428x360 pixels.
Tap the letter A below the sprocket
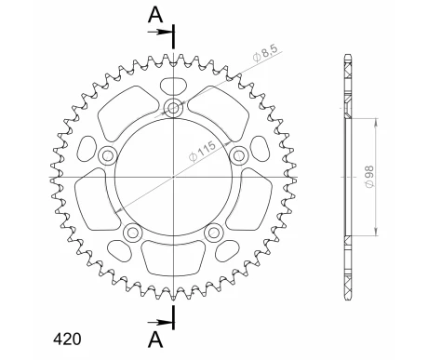pyautogui.click(x=155, y=336)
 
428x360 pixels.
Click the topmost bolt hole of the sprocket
pyautogui.click(x=174, y=109)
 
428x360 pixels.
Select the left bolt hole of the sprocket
pyautogui.click(x=108, y=154)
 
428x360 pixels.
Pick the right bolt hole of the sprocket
pyautogui.click(x=238, y=154)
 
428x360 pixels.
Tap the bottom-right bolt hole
pyautogui.click(x=214, y=232)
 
